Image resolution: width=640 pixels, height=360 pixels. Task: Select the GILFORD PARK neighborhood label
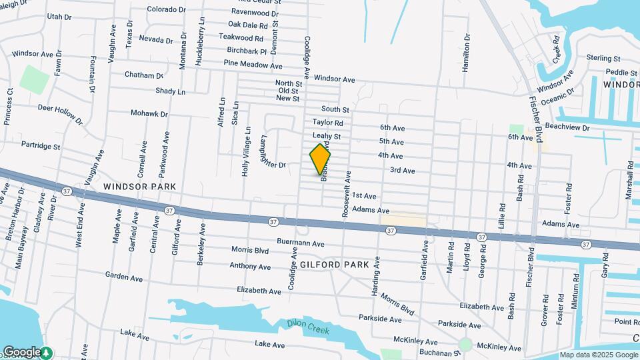[335, 265]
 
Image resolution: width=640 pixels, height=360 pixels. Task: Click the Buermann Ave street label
[301, 243]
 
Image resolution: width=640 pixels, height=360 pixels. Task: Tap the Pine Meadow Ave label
[253, 65]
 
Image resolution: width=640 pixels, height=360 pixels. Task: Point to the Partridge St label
[41, 145]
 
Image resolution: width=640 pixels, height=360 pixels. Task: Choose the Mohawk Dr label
[149, 113]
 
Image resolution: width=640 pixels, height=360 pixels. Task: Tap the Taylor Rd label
[327, 123]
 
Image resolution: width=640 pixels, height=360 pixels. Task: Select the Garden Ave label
[125, 275]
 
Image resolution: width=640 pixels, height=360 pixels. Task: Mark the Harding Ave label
[377, 275]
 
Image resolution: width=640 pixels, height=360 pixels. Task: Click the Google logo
[22, 351]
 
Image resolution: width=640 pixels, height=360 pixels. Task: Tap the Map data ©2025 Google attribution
[598, 355]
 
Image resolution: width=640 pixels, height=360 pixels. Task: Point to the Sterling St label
[603, 59]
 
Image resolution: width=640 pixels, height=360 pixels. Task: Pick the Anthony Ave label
[250, 267]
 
